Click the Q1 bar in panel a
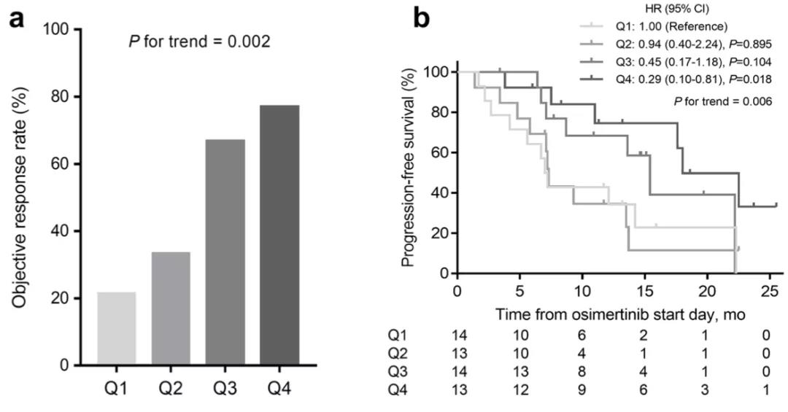116,328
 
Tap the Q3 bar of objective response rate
225,252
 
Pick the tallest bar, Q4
279,235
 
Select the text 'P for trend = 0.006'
722,101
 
